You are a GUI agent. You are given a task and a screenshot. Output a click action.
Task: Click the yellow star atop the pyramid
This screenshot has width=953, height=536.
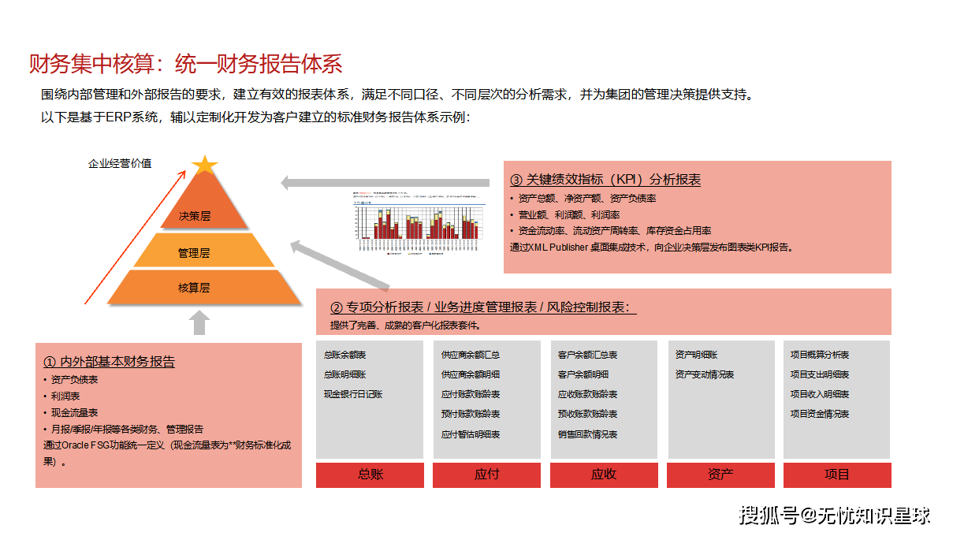(x=204, y=165)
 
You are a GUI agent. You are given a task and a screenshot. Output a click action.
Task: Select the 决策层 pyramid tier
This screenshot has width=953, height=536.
(x=195, y=215)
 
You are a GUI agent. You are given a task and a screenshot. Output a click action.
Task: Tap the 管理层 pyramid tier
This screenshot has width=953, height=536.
(x=194, y=253)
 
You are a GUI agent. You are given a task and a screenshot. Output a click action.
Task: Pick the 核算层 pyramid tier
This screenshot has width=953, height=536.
(x=194, y=288)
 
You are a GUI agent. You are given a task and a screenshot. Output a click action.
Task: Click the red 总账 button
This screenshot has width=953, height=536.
(x=370, y=475)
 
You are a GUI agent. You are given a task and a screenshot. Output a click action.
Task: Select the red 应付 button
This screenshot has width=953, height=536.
(x=486, y=475)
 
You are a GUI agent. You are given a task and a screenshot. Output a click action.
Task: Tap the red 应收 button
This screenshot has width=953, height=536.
(x=603, y=475)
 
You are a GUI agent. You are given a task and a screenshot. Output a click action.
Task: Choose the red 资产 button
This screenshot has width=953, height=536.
(x=720, y=475)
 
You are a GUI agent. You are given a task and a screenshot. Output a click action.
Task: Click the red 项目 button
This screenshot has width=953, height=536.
(x=836, y=475)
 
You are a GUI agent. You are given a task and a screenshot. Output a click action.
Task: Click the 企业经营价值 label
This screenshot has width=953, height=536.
(x=120, y=164)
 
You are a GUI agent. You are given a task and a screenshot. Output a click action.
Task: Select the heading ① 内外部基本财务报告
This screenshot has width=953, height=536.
(x=109, y=362)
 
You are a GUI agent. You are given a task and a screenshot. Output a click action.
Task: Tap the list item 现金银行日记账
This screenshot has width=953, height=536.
(x=353, y=394)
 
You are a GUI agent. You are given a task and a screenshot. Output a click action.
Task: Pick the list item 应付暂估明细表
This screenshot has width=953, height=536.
(x=471, y=434)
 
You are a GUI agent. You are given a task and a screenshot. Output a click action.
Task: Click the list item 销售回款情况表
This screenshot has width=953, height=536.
(x=587, y=434)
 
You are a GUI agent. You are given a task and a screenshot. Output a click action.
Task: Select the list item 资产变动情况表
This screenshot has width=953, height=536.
(x=705, y=374)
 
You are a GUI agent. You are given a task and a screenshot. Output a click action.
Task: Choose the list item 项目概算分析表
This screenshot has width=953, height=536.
(x=820, y=355)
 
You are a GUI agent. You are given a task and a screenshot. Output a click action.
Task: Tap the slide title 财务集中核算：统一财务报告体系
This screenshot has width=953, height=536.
(x=186, y=64)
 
